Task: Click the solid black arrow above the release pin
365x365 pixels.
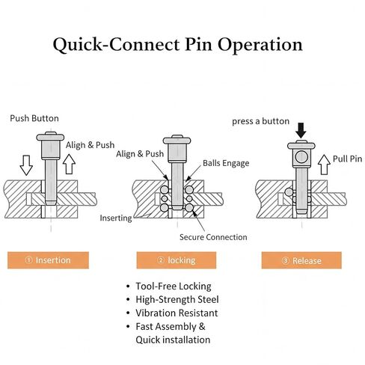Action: pos(301,130)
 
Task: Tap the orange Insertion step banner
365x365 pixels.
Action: pos(48,260)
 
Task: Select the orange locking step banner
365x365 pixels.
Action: pos(177,260)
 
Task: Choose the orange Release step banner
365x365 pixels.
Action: pos(301,260)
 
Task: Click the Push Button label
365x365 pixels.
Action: pos(34,118)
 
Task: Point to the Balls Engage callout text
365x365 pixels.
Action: pos(226,163)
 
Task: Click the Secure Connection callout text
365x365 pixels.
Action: pos(213,237)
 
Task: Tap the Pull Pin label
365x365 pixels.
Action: pos(348,159)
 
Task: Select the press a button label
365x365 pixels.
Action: pos(261,121)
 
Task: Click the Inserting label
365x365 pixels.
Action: pos(116,218)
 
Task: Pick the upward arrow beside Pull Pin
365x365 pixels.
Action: pos(324,165)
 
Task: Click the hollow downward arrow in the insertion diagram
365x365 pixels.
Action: pos(26,165)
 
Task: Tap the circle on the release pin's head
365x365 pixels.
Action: pos(301,156)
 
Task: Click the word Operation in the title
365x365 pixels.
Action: pos(260,45)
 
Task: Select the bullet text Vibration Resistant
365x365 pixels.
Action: pos(177,313)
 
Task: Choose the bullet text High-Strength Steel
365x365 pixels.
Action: pos(177,299)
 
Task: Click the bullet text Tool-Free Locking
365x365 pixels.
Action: pos(174,286)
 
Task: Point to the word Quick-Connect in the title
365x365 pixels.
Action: pos(116,45)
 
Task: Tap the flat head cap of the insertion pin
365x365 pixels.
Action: pos(50,137)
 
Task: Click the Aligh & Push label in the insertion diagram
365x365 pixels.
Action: pos(91,145)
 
